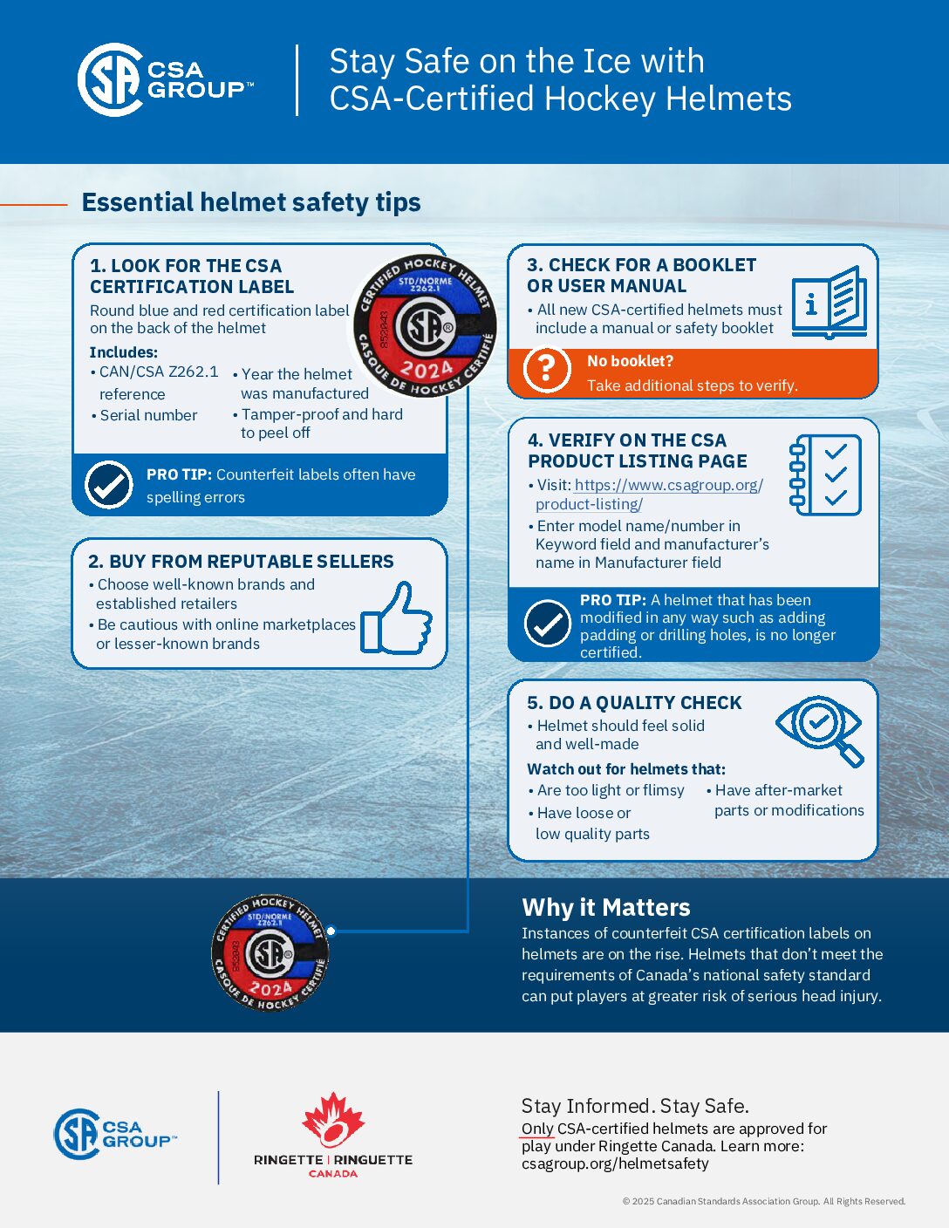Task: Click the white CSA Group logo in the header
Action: tap(165, 79)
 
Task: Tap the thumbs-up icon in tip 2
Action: tap(397, 618)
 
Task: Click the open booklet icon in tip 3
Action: tap(829, 302)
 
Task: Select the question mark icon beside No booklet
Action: tap(546, 369)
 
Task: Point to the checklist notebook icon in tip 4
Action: tap(824, 475)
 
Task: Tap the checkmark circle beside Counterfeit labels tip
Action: tap(109, 485)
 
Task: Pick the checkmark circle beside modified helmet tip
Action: tap(548, 624)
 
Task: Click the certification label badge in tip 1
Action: tap(425, 326)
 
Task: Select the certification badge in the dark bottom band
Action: tap(270, 952)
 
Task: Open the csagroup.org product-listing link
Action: tap(649, 495)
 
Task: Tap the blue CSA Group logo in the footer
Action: tap(114, 1134)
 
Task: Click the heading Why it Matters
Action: tap(605, 907)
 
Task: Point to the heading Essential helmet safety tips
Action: tap(251, 202)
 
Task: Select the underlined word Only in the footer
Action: tap(537, 1129)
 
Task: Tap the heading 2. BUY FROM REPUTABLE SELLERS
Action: tap(241, 562)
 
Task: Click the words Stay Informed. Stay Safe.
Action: tap(635, 1106)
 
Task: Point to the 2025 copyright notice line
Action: tap(763, 1201)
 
